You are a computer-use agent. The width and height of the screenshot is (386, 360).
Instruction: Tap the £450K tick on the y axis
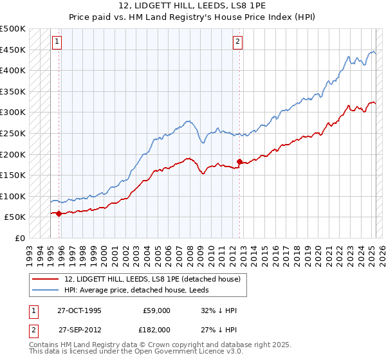tap(13, 50)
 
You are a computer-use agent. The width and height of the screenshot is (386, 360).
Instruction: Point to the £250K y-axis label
tap(13, 133)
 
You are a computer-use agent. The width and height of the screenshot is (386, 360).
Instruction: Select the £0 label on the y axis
tap(20, 238)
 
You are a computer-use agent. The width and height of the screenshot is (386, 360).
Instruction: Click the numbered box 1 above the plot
tap(57, 42)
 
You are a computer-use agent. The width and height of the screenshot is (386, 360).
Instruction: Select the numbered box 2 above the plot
tap(237, 42)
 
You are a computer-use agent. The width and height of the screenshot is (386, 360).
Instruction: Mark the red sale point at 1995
tap(59, 213)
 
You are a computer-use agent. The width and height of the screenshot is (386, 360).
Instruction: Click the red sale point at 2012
tap(239, 161)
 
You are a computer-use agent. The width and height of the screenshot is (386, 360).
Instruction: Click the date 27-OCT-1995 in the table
tap(80, 310)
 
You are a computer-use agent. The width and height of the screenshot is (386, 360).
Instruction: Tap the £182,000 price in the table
tap(156, 329)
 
